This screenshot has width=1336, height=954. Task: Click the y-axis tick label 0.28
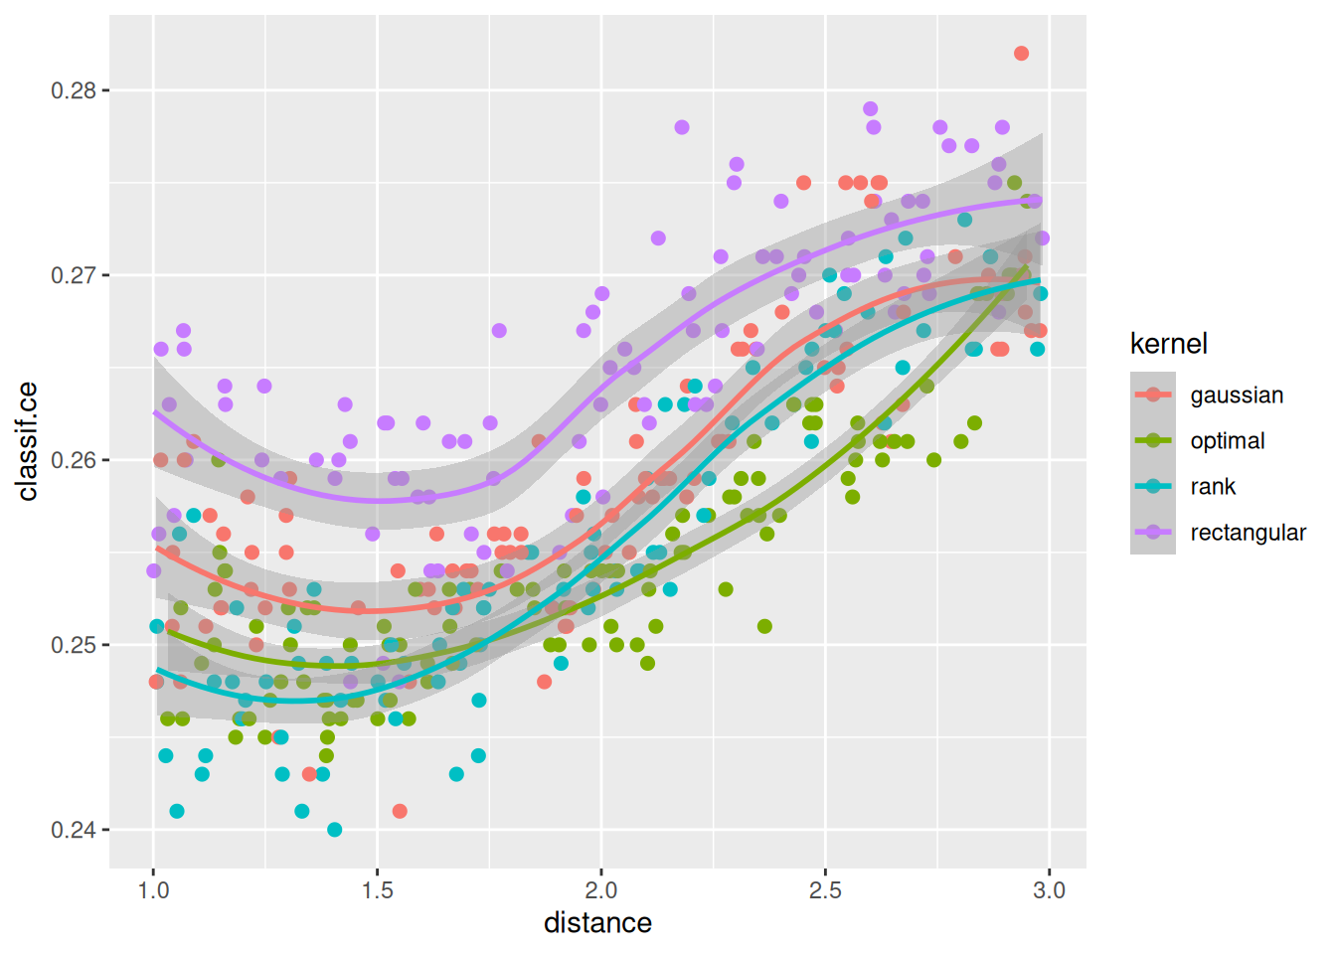74,90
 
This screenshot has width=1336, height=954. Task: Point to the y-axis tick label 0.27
74,275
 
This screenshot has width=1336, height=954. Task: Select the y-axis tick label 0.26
74,460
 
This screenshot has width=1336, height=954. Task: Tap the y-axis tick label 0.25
74,645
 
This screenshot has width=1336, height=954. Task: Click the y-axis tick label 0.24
74,830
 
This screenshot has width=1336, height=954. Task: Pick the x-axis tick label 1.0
153,889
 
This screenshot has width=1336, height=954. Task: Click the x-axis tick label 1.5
378,889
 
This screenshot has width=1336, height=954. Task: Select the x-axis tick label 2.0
601,889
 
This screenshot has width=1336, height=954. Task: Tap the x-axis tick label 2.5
825,889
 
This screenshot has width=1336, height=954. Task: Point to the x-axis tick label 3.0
1049,889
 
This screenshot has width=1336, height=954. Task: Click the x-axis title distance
597,923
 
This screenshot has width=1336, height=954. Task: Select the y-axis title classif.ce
28,441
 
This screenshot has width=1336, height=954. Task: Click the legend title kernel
1168,344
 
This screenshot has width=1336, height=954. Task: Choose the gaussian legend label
1237,396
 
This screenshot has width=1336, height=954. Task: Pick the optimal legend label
1228,441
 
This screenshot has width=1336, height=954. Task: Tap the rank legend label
1213,487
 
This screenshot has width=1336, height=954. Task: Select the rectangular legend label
1248,533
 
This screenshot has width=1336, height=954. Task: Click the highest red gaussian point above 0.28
1021,54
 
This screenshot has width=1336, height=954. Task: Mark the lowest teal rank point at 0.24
334,830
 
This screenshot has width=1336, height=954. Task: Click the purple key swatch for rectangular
1153,533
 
